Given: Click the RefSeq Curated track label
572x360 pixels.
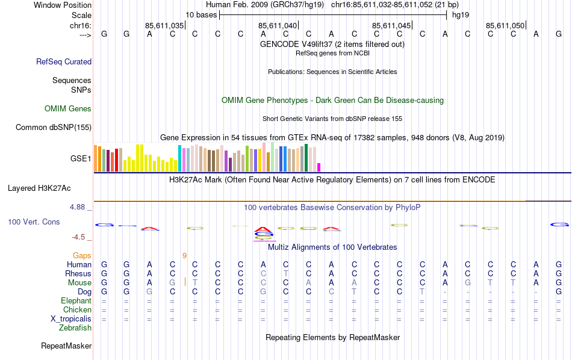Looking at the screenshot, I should pos(64,61).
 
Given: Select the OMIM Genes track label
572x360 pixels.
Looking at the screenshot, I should pos(68,109).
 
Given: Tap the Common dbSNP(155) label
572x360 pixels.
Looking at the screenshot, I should pos(54,127).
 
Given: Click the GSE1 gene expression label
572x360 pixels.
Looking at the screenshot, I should pos(81,159).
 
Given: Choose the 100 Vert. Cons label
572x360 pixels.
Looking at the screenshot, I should pos(34,222).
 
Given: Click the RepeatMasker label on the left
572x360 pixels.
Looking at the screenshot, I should pos(66,346).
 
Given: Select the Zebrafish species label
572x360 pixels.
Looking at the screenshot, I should pos(75,328).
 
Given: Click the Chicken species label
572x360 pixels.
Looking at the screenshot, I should pos(77,310).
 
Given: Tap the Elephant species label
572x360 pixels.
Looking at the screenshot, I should pos(76,301).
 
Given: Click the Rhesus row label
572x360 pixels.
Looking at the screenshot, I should pos(78,274).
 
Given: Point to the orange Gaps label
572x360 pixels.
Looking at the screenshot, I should pos(82,256).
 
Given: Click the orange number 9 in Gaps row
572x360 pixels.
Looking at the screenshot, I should pos(184,256).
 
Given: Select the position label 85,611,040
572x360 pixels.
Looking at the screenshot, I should pos(278,25).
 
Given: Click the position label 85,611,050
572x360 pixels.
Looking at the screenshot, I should pos(505,25).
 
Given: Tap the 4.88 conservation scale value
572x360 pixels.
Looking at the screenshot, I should pos(78,207).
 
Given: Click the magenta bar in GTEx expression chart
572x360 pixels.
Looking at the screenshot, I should pos(319,167).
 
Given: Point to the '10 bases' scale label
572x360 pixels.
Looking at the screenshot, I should pos(201,14).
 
